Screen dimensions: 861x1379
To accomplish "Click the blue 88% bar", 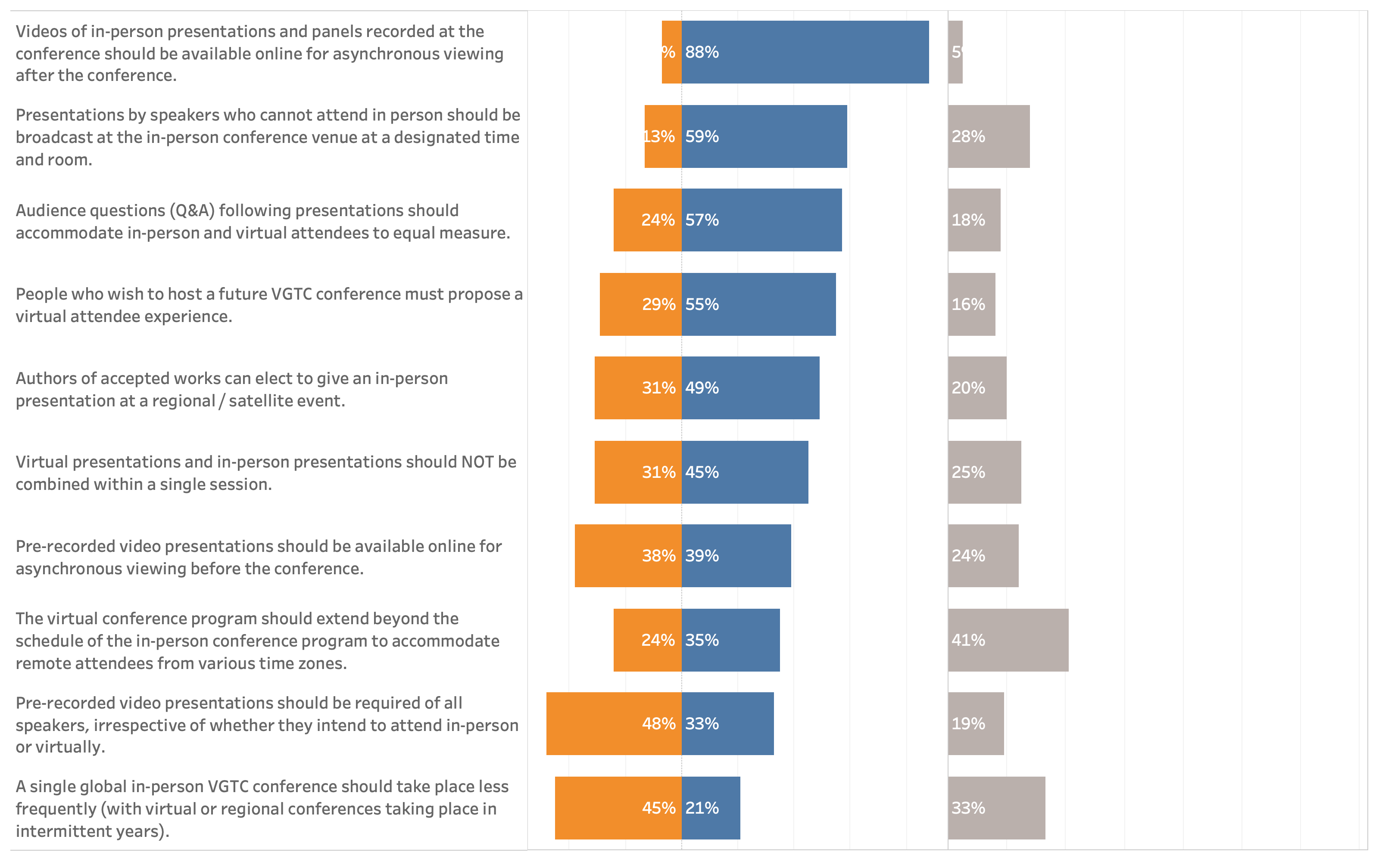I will [x=805, y=53].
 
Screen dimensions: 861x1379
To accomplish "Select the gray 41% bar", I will [x=1008, y=640].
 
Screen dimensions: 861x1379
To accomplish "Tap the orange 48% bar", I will [x=614, y=724].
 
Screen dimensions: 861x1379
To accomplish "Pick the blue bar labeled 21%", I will [x=711, y=808].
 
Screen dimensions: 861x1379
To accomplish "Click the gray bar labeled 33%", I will [x=996, y=808].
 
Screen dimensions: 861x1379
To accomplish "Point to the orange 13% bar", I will [x=663, y=136].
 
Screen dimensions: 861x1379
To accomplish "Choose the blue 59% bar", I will [x=764, y=136].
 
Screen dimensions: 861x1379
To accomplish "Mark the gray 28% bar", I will [x=989, y=136].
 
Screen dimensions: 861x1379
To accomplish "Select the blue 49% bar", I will [x=750, y=388].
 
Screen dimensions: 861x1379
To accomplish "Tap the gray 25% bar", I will [x=984, y=472].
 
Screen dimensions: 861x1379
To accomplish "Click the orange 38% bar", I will [x=628, y=556].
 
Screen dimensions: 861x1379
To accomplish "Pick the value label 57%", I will [x=702, y=220].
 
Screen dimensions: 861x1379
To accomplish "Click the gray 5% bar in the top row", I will [x=955, y=53].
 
